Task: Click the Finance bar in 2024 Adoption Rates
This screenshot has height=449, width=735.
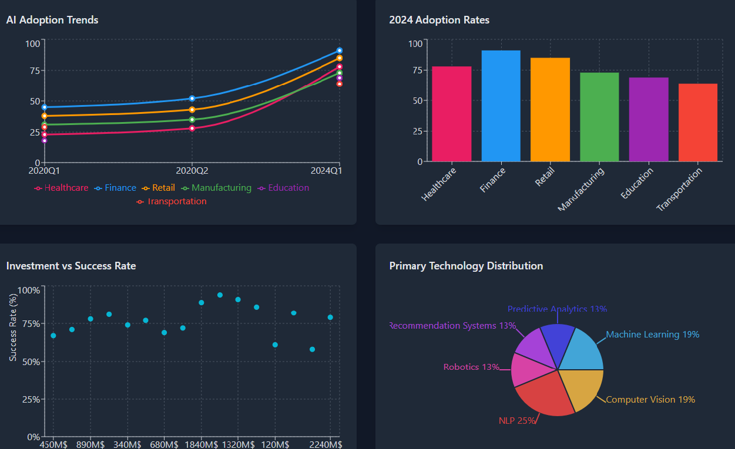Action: pos(501,106)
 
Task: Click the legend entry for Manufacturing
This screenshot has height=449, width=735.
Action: pos(217,188)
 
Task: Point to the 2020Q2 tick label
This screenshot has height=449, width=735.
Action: pos(192,170)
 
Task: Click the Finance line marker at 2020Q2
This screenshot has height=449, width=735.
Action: pos(192,99)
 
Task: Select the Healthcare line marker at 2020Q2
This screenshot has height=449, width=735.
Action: pos(192,128)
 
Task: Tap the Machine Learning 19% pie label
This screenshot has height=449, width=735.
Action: pos(652,335)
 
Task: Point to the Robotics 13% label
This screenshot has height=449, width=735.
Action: pos(471,367)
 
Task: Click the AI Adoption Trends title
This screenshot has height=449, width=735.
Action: pos(52,20)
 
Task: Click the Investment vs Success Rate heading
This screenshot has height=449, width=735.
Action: pos(71,266)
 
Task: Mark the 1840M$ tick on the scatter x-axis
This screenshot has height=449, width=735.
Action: pos(202,444)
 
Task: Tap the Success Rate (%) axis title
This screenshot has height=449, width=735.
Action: pos(13,327)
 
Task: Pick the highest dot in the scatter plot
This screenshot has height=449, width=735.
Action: pos(220,295)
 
